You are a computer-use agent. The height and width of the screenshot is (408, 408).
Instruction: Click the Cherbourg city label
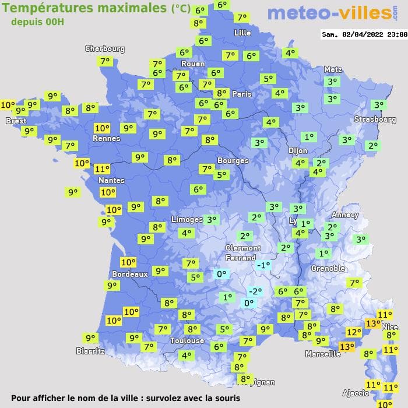tap(105, 49)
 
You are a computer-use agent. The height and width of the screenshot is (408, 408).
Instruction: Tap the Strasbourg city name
tap(375, 119)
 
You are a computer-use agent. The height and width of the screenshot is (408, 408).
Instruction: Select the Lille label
tap(242, 33)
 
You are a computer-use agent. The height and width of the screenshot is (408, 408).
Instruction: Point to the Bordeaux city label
tap(129, 274)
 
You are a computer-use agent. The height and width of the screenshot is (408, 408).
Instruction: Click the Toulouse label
tap(187, 340)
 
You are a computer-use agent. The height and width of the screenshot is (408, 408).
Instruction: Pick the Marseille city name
tap(323, 354)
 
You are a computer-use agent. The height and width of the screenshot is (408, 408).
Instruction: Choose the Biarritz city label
tap(90, 351)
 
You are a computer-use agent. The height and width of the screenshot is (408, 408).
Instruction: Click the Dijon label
tap(297, 150)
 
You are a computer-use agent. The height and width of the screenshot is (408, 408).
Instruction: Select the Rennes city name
tap(106, 139)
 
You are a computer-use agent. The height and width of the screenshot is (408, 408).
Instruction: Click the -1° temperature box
tap(263, 265)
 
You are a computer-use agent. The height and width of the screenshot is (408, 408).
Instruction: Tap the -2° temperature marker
tap(255, 291)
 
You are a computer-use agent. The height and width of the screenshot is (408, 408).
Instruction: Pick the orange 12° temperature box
tap(353, 332)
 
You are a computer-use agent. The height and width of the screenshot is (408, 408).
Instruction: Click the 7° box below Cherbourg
tap(105, 61)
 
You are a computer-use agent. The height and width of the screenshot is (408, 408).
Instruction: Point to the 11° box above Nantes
tap(102, 168)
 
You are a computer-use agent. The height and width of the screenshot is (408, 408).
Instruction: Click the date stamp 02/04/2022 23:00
tap(364, 34)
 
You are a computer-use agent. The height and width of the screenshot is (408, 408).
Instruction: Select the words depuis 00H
tap(38, 22)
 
